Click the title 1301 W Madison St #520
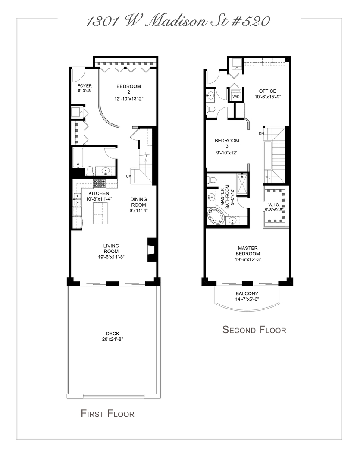178,20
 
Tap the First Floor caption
107,414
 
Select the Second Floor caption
254,330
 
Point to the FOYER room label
85,86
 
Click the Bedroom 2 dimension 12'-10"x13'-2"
128,98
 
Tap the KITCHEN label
99,193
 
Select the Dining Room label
139,202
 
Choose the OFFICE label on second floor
267,91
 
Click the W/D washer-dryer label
236,97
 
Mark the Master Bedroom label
247,251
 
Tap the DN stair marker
261,133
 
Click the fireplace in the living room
151,249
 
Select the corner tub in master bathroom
216,215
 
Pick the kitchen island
100,213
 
